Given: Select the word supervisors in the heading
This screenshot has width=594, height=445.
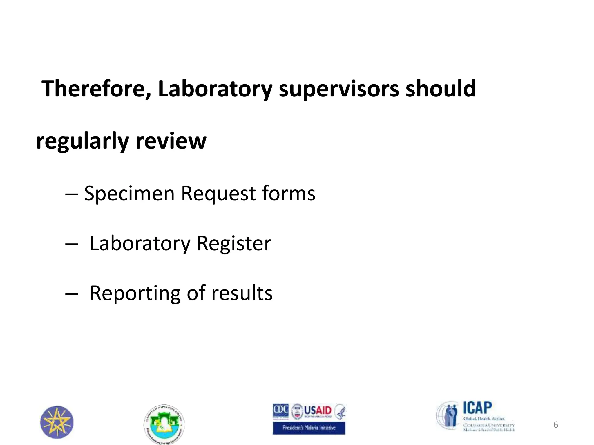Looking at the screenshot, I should point(339,89).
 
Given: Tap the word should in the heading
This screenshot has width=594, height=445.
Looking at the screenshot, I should point(441,89).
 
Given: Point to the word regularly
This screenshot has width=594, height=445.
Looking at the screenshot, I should point(82,141).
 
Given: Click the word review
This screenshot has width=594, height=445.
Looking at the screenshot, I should point(171,141).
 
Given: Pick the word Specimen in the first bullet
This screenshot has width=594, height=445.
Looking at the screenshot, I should point(129,194).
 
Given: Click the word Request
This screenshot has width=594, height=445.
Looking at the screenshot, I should point(218,194).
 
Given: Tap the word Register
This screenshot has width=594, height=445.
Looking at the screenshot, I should point(234,243).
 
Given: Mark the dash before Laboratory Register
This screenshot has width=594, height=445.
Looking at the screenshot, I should point(72,245).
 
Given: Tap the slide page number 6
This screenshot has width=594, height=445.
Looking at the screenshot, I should point(555,425).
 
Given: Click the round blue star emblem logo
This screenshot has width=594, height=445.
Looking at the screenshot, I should point(57,422).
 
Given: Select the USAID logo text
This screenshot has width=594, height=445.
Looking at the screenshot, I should point(317,411).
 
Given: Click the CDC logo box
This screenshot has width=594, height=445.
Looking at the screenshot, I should point(280,411).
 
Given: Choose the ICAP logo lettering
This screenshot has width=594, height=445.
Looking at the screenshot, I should point(477,408).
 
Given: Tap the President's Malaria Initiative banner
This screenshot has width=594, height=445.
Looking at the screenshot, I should point(309,428).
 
